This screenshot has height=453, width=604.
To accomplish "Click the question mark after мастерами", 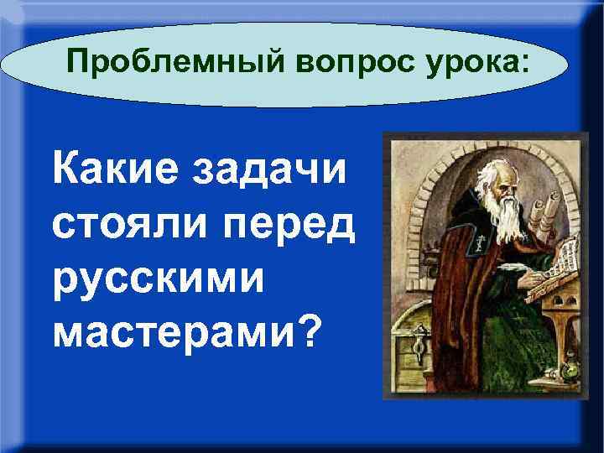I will coord(309,331).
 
